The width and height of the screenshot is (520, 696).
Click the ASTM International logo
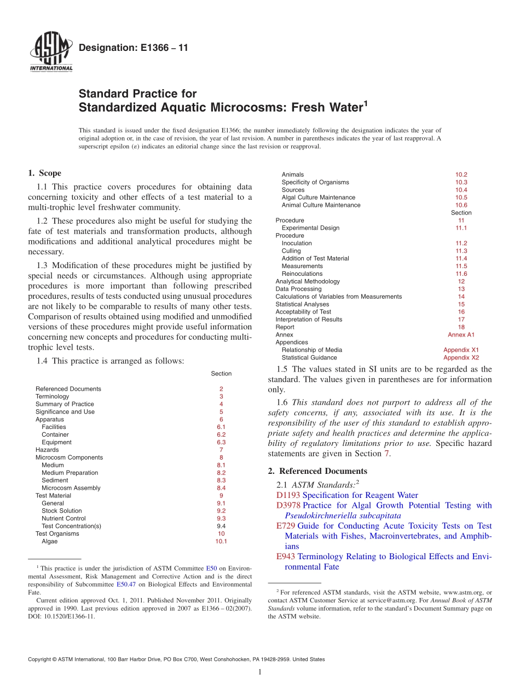50,53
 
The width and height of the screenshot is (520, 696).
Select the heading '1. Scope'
44,173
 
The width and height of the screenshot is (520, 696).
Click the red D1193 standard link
288,495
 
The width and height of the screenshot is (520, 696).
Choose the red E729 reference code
286,526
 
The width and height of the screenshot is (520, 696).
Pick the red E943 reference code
286,556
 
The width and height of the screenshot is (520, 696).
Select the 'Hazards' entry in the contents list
47,450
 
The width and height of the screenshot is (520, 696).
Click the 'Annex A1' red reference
461,335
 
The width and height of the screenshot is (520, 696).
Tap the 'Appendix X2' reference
461,358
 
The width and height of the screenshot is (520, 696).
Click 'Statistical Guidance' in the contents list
309,358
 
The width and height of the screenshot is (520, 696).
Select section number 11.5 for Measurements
461,266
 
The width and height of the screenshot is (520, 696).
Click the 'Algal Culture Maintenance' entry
318,198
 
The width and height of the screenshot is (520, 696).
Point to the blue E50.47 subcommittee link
126,584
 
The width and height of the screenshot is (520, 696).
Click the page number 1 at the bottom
260,672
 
